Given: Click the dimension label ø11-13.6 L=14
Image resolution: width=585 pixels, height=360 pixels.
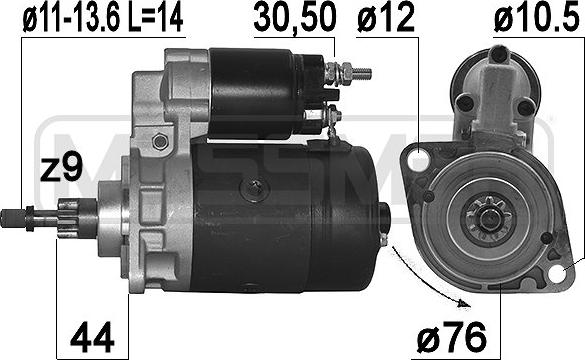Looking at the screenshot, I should point(96,19).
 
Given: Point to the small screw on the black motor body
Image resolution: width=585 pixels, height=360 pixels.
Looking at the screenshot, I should point(258,186).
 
